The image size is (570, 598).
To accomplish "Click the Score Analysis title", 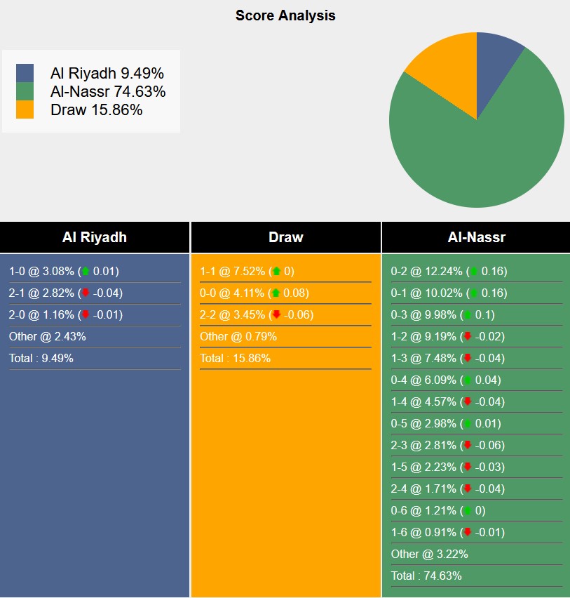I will (x=285, y=15).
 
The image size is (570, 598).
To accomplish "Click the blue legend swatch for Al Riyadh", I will (x=25, y=73).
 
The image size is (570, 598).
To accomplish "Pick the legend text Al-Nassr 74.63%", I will (x=108, y=91).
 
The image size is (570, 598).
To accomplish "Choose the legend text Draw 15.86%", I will (x=96, y=109).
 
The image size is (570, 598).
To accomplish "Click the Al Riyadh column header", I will (x=95, y=237).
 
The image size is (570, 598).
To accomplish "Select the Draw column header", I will (x=286, y=237).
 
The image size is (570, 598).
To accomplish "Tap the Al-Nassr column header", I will (x=477, y=237).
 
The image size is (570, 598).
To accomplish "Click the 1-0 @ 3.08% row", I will (x=64, y=272).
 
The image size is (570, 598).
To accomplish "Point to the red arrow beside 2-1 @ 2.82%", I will (x=86, y=293).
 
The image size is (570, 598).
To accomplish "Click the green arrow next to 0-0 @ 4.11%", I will (x=276, y=293).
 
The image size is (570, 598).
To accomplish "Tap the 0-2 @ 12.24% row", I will (x=449, y=272).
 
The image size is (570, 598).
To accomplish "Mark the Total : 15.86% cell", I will (x=235, y=359).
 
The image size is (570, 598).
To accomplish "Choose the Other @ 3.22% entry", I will (x=430, y=554).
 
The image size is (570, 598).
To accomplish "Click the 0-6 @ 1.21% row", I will (x=437, y=510).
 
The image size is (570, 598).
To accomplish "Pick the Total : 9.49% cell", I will (x=41, y=359).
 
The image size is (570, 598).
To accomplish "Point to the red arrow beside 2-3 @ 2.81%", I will (x=467, y=446).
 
